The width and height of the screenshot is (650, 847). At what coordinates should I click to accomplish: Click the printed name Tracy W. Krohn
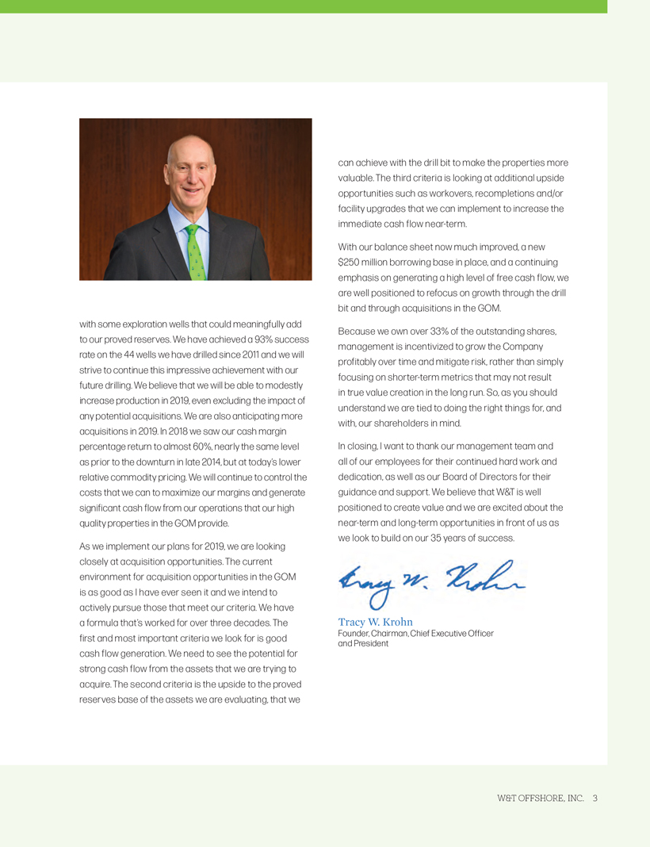point(376,622)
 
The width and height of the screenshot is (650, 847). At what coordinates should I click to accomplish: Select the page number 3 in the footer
point(595,798)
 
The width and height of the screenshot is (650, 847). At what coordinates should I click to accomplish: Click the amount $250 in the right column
point(350,262)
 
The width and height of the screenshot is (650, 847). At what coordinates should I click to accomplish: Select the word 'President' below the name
point(371,643)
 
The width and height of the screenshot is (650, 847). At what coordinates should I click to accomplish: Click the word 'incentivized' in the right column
point(430,346)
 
